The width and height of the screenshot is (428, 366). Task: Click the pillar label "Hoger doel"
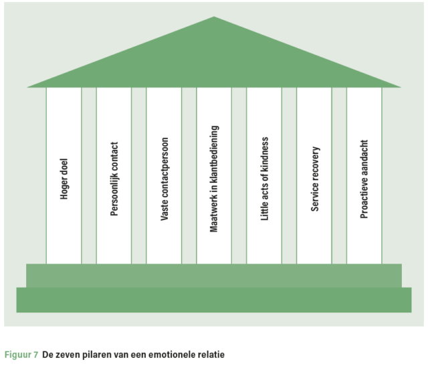[64, 179]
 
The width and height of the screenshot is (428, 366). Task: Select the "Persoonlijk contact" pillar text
[114, 179]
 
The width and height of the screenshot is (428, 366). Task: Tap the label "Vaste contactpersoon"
[164, 179]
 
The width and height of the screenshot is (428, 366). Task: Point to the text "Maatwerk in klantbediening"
[214, 179]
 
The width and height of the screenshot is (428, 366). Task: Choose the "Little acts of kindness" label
[265, 179]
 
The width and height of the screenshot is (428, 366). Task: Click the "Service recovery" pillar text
[315, 179]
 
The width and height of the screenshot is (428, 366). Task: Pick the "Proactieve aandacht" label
[364, 179]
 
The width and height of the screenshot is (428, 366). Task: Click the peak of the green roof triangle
[214, 17]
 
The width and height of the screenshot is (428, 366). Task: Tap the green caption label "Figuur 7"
[21, 355]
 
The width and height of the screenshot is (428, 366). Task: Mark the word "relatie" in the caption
[211, 355]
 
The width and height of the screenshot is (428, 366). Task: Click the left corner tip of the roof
[27, 87]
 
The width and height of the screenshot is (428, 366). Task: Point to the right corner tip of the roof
[401, 87]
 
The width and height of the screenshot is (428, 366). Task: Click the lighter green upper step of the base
[214, 276]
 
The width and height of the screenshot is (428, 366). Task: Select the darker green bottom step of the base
[214, 300]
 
